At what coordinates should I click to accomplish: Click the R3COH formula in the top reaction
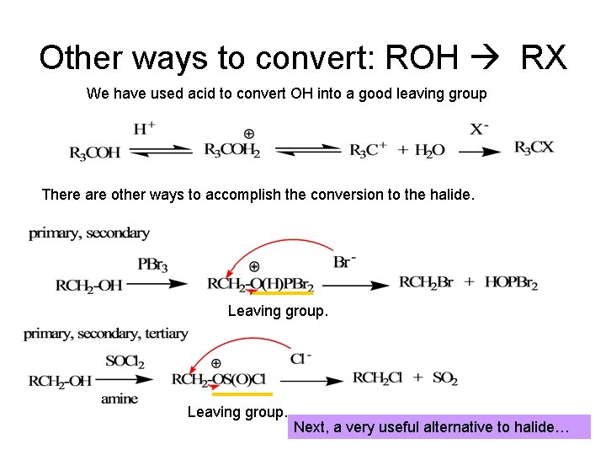pyautogui.click(x=94, y=153)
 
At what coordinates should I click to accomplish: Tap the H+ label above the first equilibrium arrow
pyautogui.click(x=144, y=129)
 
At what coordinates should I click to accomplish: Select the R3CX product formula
pyautogui.click(x=534, y=147)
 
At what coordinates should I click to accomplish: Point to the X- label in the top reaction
pyautogui.click(x=479, y=129)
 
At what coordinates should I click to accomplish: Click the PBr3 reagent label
pyautogui.click(x=151, y=265)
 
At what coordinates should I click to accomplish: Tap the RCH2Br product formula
pyautogui.click(x=425, y=283)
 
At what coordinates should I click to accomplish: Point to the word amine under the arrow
pyautogui.click(x=119, y=399)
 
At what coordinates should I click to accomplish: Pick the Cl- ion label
pyautogui.click(x=300, y=359)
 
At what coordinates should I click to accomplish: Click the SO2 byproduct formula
pyautogui.click(x=444, y=378)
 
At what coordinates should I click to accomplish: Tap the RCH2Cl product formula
pyautogui.click(x=379, y=378)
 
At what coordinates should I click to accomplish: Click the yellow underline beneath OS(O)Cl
pyautogui.click(x=242, y=393)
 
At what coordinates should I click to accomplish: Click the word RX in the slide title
pyautogui.click(x=544, y=58)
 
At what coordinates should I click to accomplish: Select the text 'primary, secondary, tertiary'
pyautogui.click(x=106, y=334)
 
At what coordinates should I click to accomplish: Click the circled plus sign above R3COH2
pyautogui.click(x=249, y=134)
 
